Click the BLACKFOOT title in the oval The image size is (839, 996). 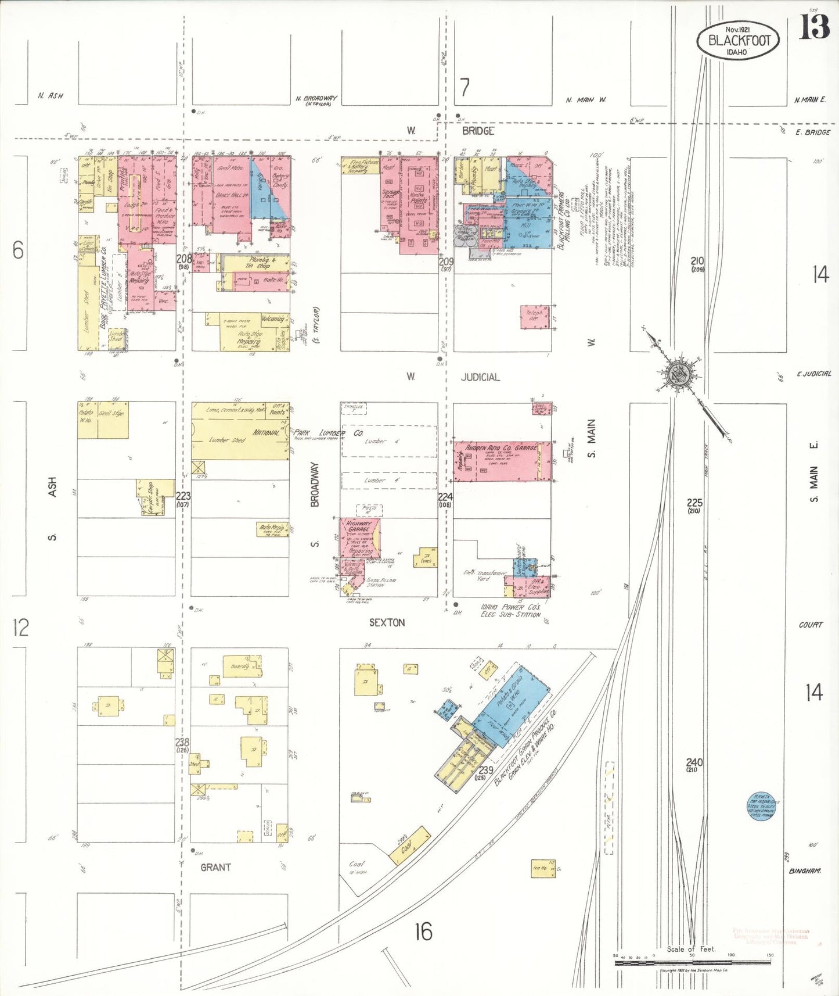click(739, 41)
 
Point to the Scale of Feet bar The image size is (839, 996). click(692, 963)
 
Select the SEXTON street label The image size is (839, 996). click(387, 622)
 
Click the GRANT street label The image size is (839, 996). click(215, 867)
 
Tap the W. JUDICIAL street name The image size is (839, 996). click(480, 377)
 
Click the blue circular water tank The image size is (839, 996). click(762, 807)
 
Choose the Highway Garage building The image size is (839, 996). click(359, 538)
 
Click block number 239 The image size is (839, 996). click(485, 771)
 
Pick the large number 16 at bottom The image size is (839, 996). click(423, 931)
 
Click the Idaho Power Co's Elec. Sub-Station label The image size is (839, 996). click(510, 611)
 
